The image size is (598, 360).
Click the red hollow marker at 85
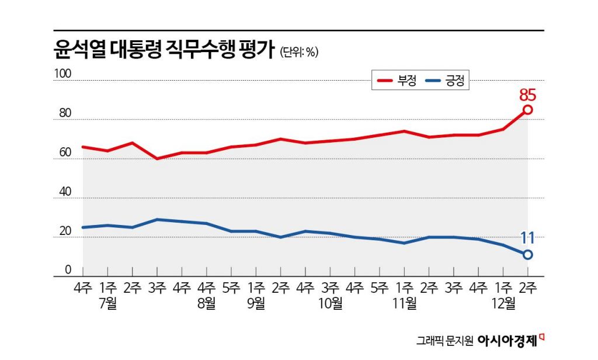pyautogui.click(x=527, y=110)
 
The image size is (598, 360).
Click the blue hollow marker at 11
pyautogui.click(x=527, y=254)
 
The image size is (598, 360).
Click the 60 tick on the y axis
pyautogui.click(x=64, y=153)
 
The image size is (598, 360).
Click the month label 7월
pyautogui.click(x=107, y=304)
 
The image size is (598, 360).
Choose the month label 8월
pyautogui.click(x=207, y=304)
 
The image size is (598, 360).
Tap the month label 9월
pyautogui.click(x=256, y=304)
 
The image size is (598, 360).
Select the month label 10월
pyautogui.click(x=331, y=304)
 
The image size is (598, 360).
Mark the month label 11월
pyautogui.click(x=405, y=304)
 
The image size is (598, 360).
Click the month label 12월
pyautogui.click(x=503, y=304)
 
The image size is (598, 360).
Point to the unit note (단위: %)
pyautogui.click(x=299, y=52)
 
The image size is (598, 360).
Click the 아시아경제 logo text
pyautogui.click(x=507, y=340)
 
